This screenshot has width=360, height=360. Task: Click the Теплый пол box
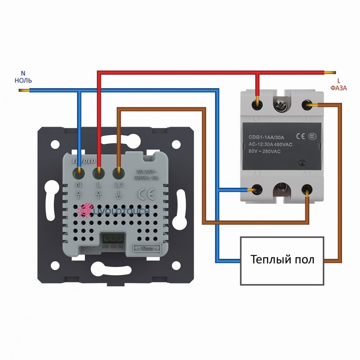(x=282, y=260)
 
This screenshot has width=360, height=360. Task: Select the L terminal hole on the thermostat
(x=98, y=173)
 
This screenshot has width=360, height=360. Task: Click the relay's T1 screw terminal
(x=307, y=105)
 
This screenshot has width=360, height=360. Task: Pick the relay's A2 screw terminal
(x=257, y=189)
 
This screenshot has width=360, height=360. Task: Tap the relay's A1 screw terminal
(x=307, y=189)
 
